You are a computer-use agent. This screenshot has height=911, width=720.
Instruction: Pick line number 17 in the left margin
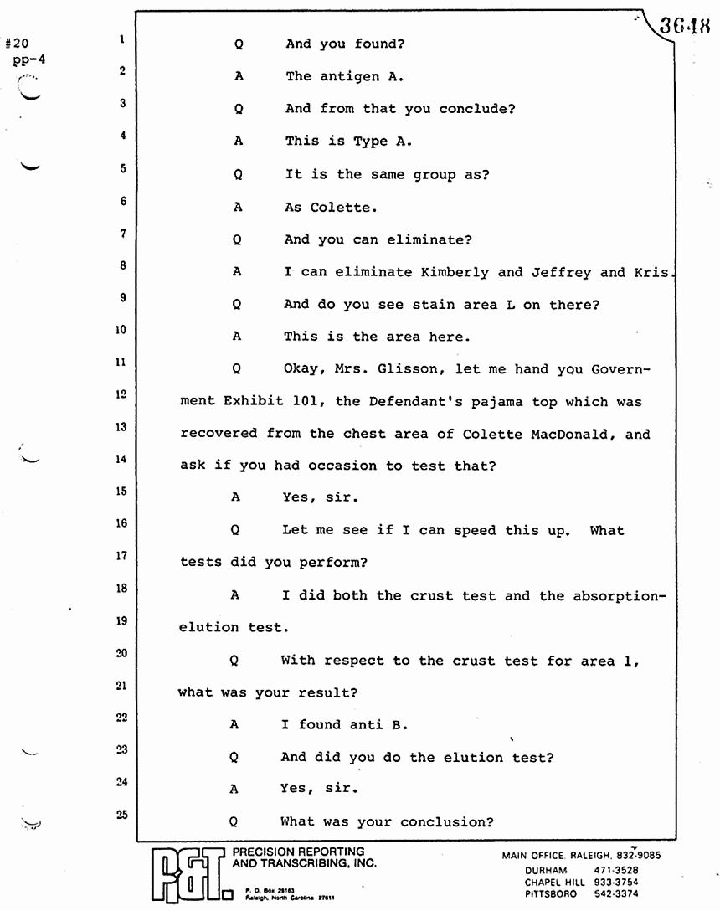click(x=121, y=556)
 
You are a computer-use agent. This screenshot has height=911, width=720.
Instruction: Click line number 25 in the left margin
click(x=121, y=815)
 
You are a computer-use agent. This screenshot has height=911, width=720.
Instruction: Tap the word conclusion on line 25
click(x=447, y=821)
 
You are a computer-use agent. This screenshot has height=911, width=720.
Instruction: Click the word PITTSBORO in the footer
click(x=551, y=893)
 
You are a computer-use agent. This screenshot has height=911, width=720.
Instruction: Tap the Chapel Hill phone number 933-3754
click(x=618, y=883)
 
